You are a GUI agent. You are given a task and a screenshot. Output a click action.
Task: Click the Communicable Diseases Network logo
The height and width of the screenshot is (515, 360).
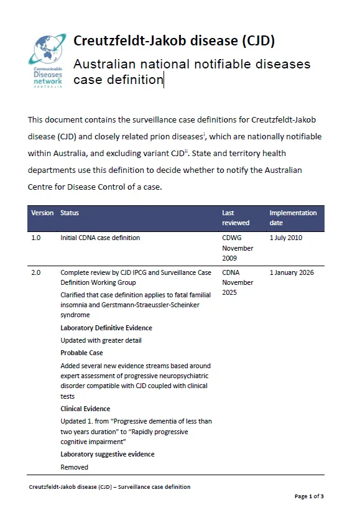coord(47,60)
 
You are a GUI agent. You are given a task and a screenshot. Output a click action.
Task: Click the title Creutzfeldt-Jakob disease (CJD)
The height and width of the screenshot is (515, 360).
coord(174,41)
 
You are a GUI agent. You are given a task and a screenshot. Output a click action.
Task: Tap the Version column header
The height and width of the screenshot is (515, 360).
coord(42,213)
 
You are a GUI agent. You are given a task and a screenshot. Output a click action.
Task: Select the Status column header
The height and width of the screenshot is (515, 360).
coord(70,213)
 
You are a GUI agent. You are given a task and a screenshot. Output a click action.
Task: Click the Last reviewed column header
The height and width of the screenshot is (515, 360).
coord(236,218)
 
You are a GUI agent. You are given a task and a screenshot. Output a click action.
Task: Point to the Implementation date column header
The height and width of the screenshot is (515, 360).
coord(293,218)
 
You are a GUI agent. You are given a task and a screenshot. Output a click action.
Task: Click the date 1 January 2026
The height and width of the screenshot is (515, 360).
coord(292,272)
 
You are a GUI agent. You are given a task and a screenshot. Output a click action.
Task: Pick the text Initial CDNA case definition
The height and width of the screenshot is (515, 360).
coord(100,238)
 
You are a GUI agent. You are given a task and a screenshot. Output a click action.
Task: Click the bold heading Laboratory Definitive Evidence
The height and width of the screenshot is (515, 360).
coord(106,328)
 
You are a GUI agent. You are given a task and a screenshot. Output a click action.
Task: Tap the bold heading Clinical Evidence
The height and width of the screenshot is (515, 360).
coord(85,409)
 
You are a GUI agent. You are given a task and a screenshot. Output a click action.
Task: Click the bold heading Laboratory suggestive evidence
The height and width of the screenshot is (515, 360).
coord(108,454)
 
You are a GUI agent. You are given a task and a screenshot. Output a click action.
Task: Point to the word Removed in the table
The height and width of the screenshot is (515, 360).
coord(74,467)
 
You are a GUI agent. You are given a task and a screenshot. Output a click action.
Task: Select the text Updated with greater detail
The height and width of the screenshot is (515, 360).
coord(101,340)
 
